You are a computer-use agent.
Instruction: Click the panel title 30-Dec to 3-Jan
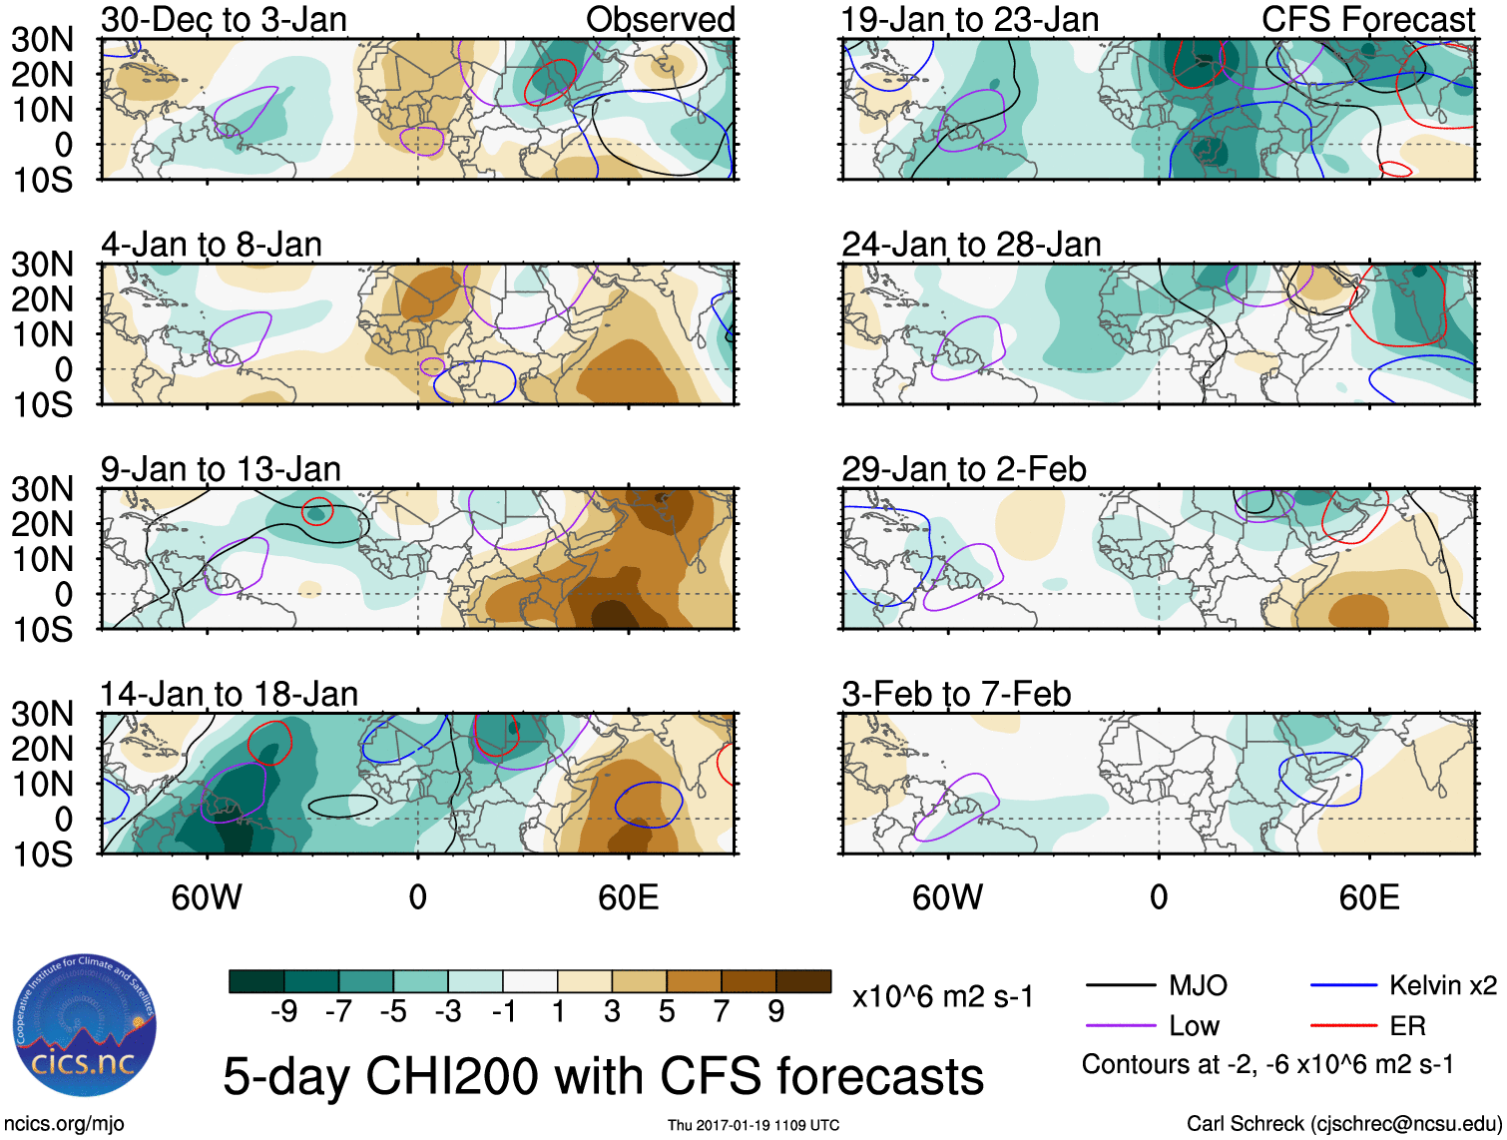tap(224, 20)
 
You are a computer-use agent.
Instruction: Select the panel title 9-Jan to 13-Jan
tap(221, 469)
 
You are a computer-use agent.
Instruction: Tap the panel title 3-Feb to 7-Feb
tap(956, 694)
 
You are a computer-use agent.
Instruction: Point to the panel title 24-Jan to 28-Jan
tap(971, 245)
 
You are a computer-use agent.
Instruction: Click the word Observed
tap(660, 20)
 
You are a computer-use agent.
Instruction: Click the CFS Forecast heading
tap(1367, 20)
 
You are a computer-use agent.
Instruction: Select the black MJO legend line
tap(1120, 986)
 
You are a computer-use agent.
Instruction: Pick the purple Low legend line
tap(1120, 1026)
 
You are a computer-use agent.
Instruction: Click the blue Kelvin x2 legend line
tap(1343, 986)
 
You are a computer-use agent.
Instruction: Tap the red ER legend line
tap(1343, 1026)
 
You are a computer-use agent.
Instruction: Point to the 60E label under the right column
tap(1368, 897)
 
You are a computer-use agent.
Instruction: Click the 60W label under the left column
tap(207, 897)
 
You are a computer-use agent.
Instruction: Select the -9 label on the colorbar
tap(284, 1012)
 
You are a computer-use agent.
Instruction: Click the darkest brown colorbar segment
tap(803, 981)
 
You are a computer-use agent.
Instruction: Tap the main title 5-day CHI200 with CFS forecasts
tap(603, 1076)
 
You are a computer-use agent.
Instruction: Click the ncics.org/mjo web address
tap(64, 1124)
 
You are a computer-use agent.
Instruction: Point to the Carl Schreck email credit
tap(1343, 1124)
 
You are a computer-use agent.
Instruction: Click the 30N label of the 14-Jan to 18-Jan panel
tap(42, 714)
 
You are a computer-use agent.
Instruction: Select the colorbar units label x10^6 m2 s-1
tap(942, 997)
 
